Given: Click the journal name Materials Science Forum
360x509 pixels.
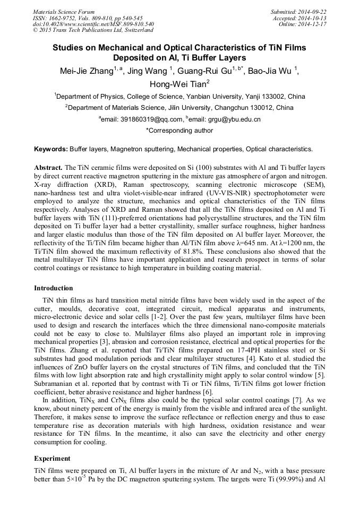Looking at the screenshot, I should pos(64,12).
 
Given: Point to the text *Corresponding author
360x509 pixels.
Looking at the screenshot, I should pos(179,131).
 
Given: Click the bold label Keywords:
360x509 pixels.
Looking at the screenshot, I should pos(52,149).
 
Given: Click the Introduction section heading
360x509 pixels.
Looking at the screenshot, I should pos(54,288).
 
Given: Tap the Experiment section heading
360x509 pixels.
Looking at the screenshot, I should pos(52,458).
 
